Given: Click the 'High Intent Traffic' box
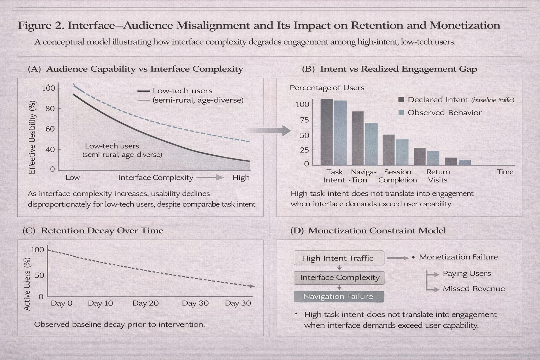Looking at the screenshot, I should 339,258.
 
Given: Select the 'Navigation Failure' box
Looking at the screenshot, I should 339,296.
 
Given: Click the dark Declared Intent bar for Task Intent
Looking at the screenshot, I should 327,132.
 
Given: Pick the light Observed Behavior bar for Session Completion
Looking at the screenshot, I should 402,152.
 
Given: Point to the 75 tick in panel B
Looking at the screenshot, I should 304,120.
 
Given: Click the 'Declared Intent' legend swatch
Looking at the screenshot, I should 401,100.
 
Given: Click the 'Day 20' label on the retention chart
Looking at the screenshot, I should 145,303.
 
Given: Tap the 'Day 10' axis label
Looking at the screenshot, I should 100,303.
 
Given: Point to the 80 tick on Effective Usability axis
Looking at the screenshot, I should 50,109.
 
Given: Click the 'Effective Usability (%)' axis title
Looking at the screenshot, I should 32,137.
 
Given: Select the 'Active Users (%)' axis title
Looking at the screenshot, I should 27,284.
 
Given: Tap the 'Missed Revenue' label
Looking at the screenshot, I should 473,289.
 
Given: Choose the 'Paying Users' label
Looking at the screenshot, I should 467,274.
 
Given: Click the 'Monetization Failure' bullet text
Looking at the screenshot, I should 458,257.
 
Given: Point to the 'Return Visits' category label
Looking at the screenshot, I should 438,176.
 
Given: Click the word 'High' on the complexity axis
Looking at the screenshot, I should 241,178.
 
